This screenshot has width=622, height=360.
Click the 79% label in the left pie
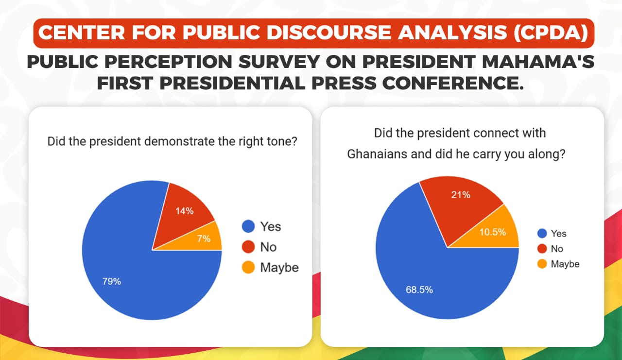[x=111, y=281]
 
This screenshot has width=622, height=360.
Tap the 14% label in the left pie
[x=185, y=211]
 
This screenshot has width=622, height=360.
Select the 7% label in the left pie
[x=204, y=239]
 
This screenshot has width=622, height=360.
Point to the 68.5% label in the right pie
[x=419, y=290]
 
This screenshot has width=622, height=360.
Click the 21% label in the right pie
[x=461, y=195]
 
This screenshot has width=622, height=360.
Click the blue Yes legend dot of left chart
[x=248, y=226]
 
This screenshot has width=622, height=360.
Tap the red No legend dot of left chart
[x=248, y=247]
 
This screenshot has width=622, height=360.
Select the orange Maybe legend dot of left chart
[x=248, y=268]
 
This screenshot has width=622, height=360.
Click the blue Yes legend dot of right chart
[x=541, y=234]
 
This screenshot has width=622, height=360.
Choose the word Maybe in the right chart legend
[x=565, y=264]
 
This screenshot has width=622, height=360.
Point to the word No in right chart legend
[x=557, y=249]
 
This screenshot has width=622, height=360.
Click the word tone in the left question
[x=281, y=142]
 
